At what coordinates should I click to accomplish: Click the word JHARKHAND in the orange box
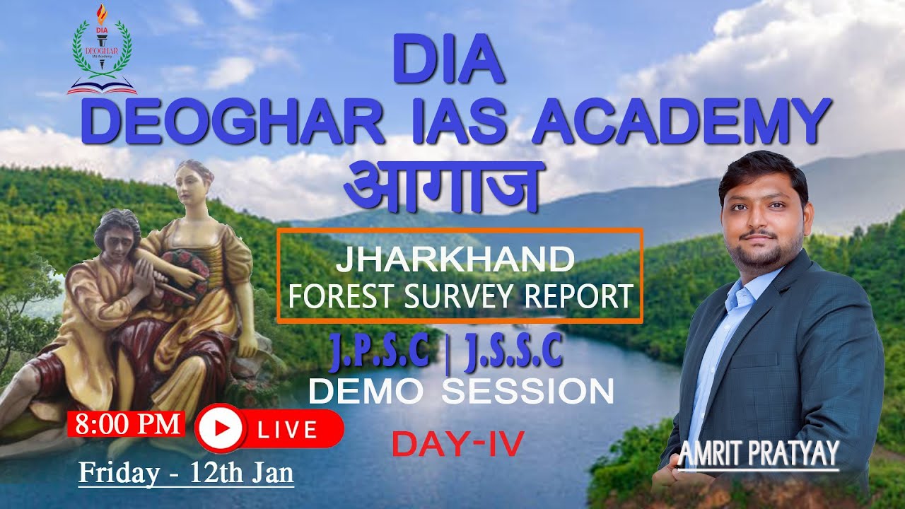point(455,259)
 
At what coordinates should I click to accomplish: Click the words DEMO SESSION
point(461,392)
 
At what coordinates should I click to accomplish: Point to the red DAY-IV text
point(457,444)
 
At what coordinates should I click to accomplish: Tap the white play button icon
point(220,428)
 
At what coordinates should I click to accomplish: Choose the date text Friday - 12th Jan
point(186,472)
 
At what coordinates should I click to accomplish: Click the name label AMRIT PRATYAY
point(759,452)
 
